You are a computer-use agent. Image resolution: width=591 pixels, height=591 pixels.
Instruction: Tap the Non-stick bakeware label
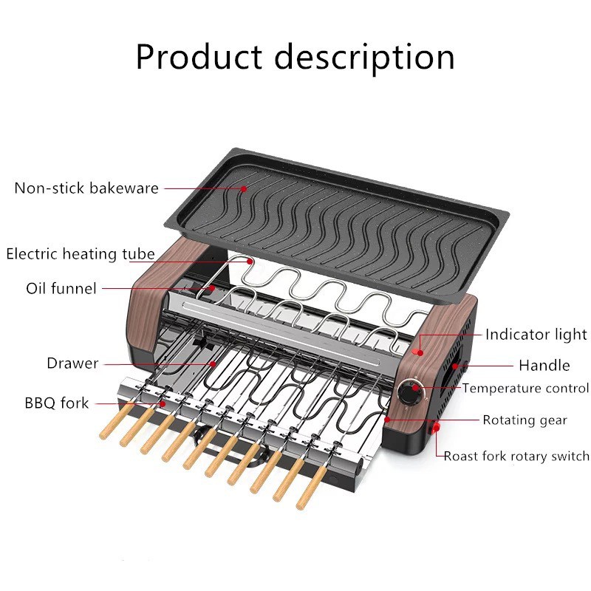pyautogui.click(x=86, y=188)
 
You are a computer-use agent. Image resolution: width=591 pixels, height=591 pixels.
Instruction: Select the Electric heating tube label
pyautogui.click(x=81, y=254)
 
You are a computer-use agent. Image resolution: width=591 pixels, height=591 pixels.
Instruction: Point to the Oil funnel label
pyautogui.click(x=61, y=288)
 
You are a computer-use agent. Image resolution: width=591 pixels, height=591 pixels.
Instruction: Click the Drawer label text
pyautogui.click(x=72, y=363)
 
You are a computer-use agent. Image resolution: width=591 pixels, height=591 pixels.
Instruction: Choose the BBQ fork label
pyautogui.click(x=56, y=403)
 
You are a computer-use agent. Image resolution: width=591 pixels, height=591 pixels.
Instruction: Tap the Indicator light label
pyautogui.click(x=536, y=335)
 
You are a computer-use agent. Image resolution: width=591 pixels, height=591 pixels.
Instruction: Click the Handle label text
pyautogui.click(x=544, y=365)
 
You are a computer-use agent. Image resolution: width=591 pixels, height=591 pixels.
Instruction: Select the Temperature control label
pyautogui.click(x=525, y=388)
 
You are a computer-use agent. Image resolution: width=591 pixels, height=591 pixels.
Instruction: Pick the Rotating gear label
pyautogui.click(x=525, y=420)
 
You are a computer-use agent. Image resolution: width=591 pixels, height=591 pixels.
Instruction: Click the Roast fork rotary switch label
pyautogui.click(x=516, y=456)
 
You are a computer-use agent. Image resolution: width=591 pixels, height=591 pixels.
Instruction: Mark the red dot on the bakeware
pyautogui.click(x=244, y=188)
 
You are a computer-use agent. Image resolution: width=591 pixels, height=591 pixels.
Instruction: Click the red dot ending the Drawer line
pyautogui.click(x=213, y=363)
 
